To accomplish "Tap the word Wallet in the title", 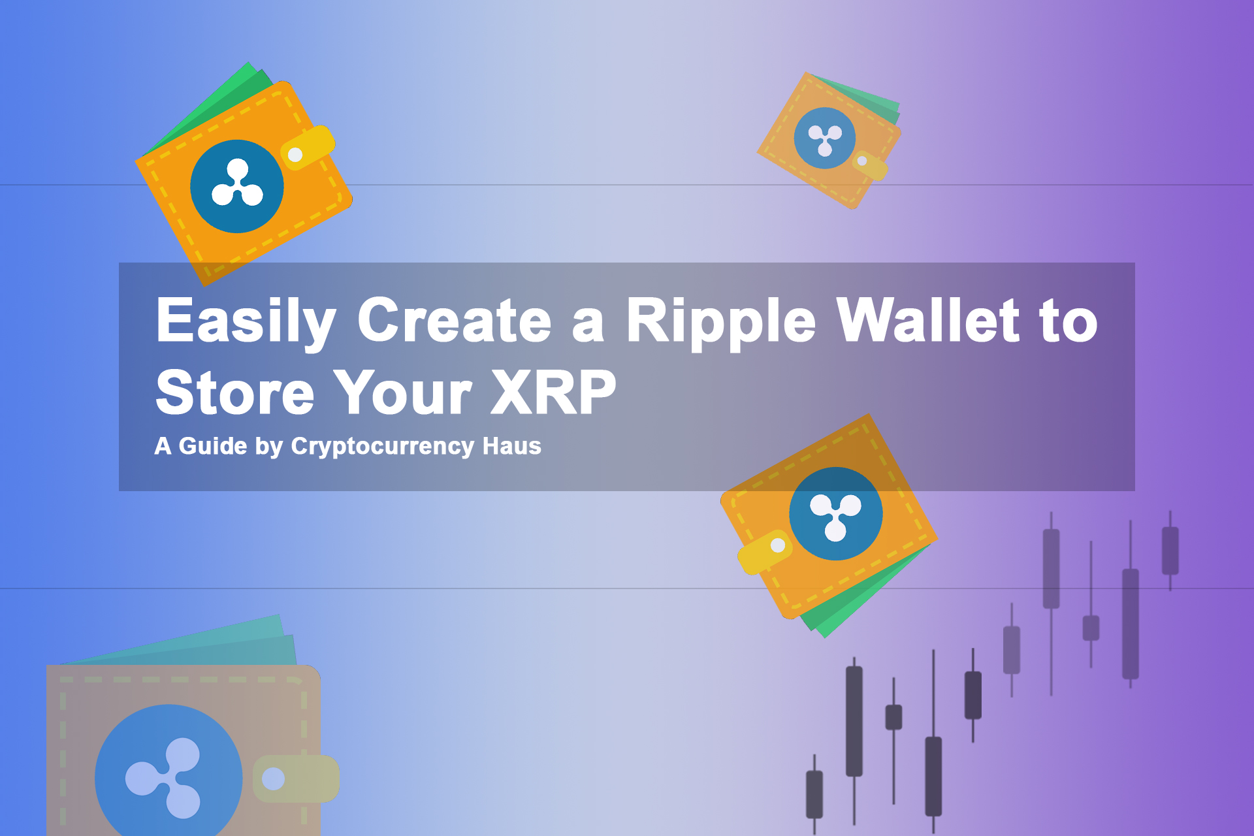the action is [928, 320].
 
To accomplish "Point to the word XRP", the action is [553, 392].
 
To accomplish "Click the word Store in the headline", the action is [234, 392].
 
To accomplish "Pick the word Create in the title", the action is [455, 320].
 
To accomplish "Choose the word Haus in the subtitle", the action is [511, 446].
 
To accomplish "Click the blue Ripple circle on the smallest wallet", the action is [825, 138].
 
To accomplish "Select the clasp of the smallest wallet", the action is [869, 165].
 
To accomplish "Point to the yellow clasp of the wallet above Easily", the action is [307, 148].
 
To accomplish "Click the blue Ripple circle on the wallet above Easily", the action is [237, 186].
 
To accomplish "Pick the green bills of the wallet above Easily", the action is [209, 108].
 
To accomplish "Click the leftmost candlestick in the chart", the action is [814, 794].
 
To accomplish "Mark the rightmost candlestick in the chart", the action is [1170, 551].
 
